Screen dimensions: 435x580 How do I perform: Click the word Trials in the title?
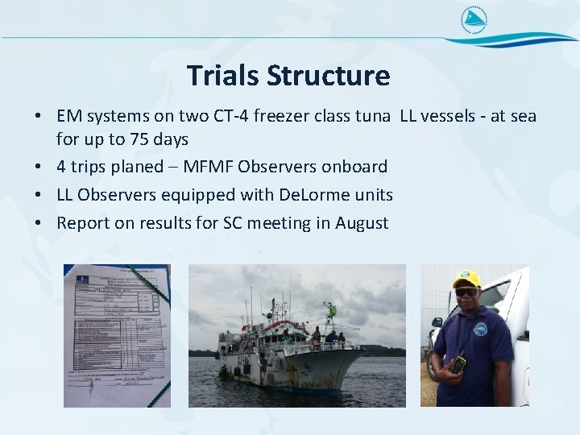tap(223, 76)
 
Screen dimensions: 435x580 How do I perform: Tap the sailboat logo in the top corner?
tap(474, 21)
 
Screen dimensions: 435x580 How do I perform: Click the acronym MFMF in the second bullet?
tap(211, 167)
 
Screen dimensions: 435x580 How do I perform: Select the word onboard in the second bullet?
tap(354, 167)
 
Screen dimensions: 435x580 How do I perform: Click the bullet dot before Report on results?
tap(39, 223)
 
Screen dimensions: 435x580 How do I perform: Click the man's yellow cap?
tap(466, 280)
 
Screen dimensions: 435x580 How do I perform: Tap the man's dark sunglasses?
tap(466, 292)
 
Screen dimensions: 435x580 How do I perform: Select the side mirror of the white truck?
tap(437, 322)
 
